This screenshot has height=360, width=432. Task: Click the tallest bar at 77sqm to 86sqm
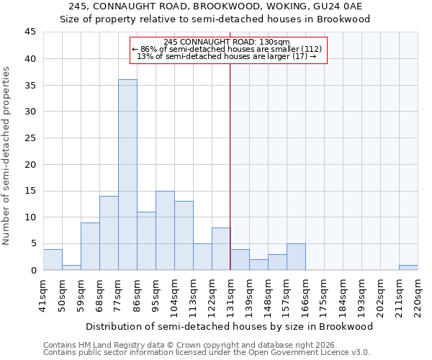point(127,175)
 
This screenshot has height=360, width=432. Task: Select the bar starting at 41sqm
point(53,259)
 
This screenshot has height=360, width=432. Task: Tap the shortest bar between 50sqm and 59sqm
point(71,267)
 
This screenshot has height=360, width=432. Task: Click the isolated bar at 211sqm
point(408,267)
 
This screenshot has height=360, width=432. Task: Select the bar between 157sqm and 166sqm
point(296,257)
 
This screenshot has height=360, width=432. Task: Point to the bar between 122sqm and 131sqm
point(221,249)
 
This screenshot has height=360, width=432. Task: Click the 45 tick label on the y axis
point(30,32)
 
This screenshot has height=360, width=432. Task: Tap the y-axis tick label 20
point(30,164)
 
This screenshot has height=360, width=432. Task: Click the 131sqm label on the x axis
point(230,294)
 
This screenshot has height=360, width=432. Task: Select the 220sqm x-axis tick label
point(418,294)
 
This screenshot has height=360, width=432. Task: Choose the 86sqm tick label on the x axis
point(137,294)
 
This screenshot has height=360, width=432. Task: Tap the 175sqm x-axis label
point(324,294)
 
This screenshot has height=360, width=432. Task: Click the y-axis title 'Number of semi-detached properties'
point(6,156)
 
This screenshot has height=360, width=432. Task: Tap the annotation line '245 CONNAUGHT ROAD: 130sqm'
point(227,42)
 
